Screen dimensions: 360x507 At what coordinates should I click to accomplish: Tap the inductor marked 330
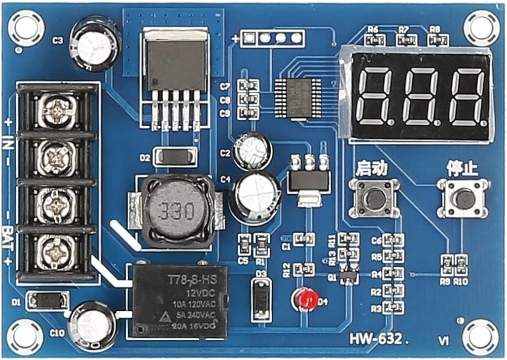(x=177, y=209)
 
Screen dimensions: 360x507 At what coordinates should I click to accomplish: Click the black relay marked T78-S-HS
(x=180, y=301)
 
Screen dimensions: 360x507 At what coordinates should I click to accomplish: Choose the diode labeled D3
(x=262, y=299)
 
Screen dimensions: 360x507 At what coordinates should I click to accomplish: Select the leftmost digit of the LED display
(x=376, y=96)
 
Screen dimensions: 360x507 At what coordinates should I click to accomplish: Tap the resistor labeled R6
(x=375, y=40)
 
